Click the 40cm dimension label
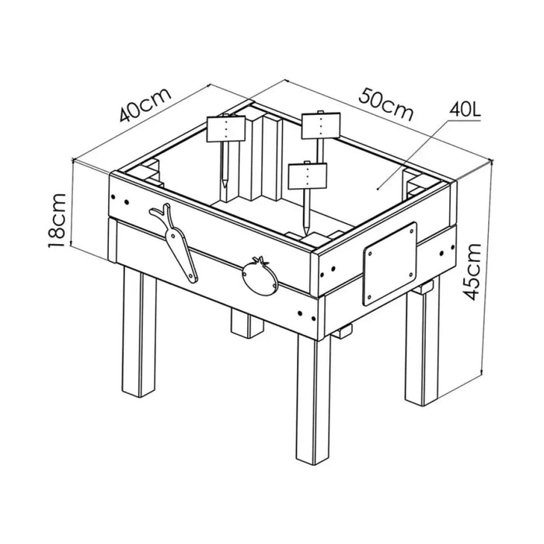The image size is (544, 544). pos(145,105)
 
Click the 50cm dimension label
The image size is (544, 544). pos(386,104)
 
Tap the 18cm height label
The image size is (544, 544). pos(57,220)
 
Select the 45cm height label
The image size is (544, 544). pos(473,272)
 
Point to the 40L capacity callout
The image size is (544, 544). pos(465,110)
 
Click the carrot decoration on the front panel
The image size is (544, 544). pos(174,242)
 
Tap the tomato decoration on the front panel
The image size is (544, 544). pos(260,277)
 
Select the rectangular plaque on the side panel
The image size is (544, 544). pos(389,264)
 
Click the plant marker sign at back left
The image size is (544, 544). pos(226,129)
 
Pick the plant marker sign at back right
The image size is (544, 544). pos(320,126)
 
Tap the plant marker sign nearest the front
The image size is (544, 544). pos(308,176)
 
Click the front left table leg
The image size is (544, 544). pos(139,331)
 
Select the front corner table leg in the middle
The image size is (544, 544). pos(313,399)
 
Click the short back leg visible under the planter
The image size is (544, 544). pos(246,322)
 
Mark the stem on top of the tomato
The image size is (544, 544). pos(260,260)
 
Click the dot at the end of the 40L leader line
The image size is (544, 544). pos(378,189)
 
